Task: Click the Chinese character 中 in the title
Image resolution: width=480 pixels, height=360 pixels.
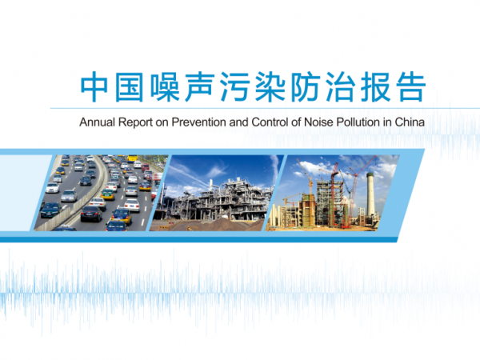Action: click(x=94, y=86)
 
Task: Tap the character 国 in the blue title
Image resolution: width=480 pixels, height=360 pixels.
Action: click(x=129, y=86)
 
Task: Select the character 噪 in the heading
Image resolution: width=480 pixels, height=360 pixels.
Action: click(x=165, y=86)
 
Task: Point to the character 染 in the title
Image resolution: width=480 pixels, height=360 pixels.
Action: click(x=270, y=86)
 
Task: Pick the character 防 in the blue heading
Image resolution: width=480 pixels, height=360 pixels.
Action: click(x=305, y=86)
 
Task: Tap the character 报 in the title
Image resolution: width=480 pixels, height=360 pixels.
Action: click(x=375, y=86)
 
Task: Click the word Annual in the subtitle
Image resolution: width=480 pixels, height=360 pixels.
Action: click(x=98, y=122)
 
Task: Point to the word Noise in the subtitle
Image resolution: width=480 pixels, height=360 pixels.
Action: click(x=318, y=122)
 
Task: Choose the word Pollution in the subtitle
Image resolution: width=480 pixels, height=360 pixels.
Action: click(x=358, y=122)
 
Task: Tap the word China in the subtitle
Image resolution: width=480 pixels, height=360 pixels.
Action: click(x=410, y=122)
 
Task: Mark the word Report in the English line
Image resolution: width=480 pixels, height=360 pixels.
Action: click(x=135, y=122)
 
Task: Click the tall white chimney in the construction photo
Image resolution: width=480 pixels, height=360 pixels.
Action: click(x=370, y=194)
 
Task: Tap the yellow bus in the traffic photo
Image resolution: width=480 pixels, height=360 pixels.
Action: click(x=132, y=158)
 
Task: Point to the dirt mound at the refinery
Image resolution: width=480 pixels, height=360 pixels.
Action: click(x=214, y=225)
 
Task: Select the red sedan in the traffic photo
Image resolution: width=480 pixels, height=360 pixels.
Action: click(x=146, y=167)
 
